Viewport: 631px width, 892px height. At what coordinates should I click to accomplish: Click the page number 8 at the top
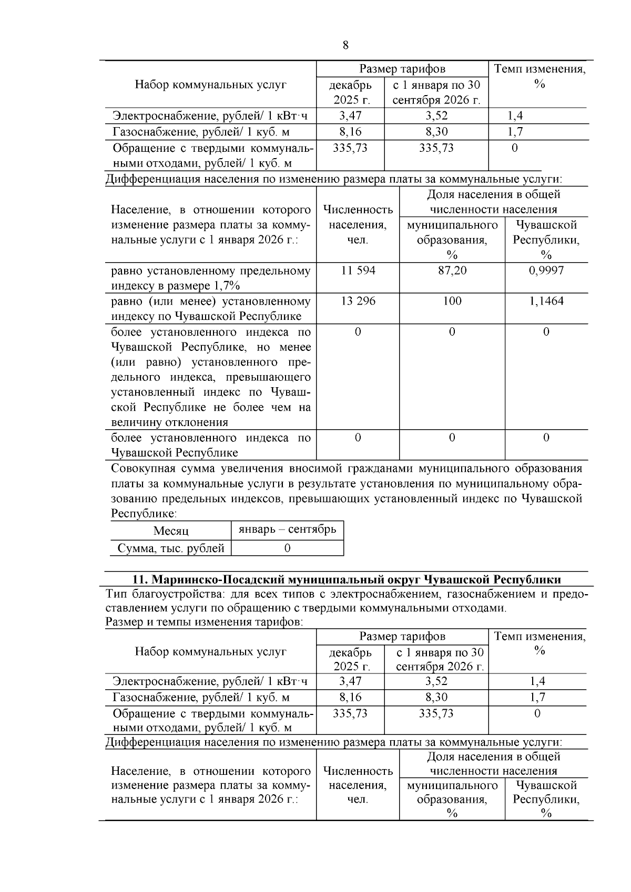tap(345, 45)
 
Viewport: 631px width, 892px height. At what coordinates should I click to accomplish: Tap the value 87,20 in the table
tap(452, 271)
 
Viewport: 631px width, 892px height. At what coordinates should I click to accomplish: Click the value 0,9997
tap(546, 271)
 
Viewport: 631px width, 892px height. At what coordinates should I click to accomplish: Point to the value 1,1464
tap(546, 301)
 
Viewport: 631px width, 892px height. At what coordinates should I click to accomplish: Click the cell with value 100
tap(452, 301)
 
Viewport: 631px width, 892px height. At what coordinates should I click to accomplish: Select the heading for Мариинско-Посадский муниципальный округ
tap(346, 579)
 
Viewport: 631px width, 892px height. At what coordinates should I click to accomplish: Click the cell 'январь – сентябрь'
tap(287, 529)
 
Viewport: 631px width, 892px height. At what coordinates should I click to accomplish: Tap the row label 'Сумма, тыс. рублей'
tap(171, 548)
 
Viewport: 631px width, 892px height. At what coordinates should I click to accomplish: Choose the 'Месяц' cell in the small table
tap(171, 531)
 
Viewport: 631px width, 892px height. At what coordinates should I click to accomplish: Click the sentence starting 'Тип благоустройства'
tap(347, 601)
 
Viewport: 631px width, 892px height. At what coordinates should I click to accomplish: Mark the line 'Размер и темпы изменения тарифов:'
tap(204, 622)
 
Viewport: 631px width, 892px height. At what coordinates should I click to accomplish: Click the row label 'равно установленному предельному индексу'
tap(210, 278)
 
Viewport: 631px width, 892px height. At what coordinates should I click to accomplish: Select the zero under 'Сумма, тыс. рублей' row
tap(287, 548)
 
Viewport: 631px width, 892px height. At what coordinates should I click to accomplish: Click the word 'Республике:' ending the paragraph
tap(144, 513)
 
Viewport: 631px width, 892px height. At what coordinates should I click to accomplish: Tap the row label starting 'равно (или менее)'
tap(210, 309)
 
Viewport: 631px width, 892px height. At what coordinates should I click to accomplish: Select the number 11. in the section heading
tap(139, 579)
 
